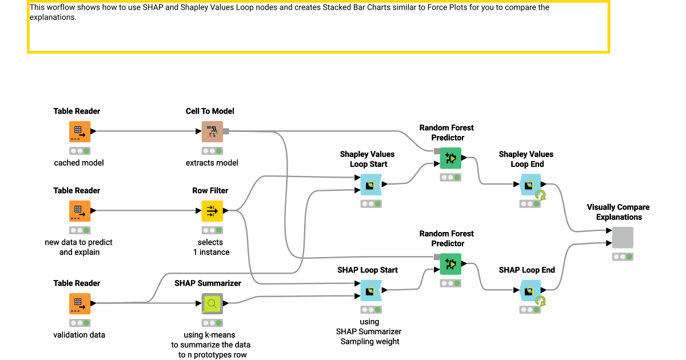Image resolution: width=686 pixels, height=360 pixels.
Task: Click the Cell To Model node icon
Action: coord(212,131)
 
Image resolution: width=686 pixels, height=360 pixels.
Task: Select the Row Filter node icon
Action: coord(212,211)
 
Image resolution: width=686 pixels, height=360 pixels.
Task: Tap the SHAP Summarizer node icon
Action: coord(212,303)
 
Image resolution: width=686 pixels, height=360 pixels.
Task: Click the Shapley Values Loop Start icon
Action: coord(371,185)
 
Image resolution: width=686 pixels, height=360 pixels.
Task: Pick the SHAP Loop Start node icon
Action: coord(371,290)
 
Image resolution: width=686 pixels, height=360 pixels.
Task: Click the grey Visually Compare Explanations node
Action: coord(623,237)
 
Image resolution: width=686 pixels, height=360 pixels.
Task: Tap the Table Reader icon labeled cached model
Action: coord(80,131)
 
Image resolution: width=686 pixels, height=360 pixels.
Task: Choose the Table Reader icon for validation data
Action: coord(80,303)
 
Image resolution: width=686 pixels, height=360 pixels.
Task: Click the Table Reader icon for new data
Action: coord(80,211)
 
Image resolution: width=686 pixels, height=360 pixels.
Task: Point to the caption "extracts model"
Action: coord(212,163)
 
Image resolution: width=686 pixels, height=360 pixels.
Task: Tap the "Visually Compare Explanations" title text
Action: coord(619,212)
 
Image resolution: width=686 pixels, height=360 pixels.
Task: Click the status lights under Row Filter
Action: coord(212,230)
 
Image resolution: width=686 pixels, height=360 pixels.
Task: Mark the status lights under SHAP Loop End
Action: coord(530,309)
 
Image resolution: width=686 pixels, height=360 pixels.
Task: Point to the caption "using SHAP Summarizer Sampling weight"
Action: coord(369,331)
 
